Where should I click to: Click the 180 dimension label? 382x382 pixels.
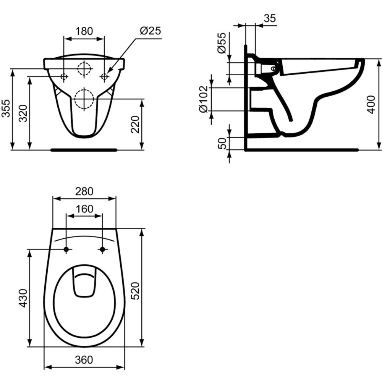coord(84,31)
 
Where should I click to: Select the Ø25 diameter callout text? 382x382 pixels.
coord(150,31)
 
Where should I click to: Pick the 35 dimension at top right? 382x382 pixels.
coord(269,18)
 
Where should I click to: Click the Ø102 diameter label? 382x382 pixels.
coord(204,99)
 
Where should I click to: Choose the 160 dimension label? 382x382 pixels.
coord(84,209)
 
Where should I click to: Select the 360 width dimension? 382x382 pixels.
coord(84,359)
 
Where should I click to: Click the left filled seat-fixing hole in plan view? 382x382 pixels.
coord(66,249)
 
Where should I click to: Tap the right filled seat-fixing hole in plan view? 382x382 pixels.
coord(102,249)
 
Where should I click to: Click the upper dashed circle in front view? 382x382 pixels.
coord(84,69)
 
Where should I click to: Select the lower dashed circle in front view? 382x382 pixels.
coord(84,99)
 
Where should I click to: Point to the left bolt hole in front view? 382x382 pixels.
coord(64,77)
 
